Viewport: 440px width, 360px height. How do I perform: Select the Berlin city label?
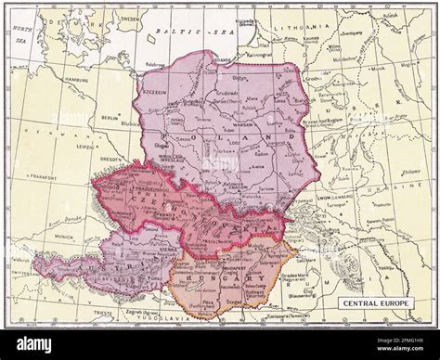tap(110, 118)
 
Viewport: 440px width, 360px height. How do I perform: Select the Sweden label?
tap(129, 18)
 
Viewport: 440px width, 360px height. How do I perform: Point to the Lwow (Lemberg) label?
tap(319, 199)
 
